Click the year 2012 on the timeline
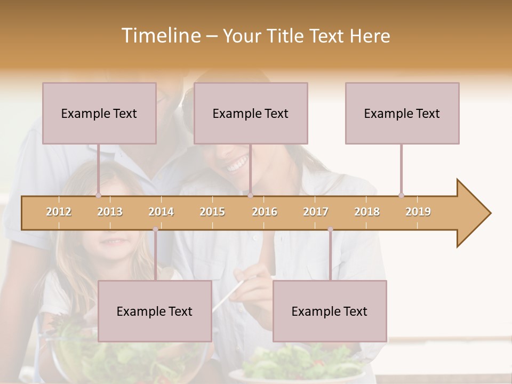coord(59,212)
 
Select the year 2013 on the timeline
coord(110,212)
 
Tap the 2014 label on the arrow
coord(161,212)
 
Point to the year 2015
coord(212,212)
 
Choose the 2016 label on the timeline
coord(265,212)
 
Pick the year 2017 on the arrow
coord(316,212)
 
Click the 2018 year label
coord(367,212)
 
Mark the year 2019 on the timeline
coord(418,212)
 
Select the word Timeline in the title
coord(160,36)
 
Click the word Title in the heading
coord(286,36)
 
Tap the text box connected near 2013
coord(99,113)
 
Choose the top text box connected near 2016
coord(251,113)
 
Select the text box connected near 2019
coord(402,113)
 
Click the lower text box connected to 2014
coord(155,311)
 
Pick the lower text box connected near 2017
coord(330,311)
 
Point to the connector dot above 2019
coord(402,195)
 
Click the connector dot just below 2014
coord(155,229)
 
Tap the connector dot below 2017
coord(330,229)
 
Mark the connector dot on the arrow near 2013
coord(98,195)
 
